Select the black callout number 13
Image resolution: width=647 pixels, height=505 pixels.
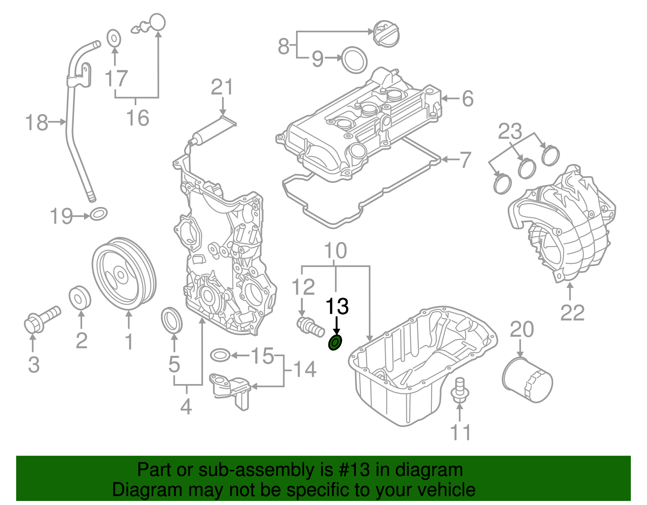tap(337, 307)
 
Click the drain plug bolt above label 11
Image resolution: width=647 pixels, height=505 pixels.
tap(460, 391)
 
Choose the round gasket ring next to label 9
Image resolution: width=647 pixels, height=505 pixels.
tap(355, 60)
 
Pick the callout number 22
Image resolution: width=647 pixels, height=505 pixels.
tap(572, 313)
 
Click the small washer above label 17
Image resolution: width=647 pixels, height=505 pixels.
tap(114, 38)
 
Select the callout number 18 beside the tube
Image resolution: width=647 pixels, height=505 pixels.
tap(36, 122)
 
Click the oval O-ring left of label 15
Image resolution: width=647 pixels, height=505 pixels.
tap(220, 355)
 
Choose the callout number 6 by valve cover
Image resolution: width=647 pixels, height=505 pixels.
tap(467, 99)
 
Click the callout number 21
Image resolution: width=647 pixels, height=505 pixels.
tap(222, 87)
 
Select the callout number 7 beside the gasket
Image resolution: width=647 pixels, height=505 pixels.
tap(465, 160)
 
